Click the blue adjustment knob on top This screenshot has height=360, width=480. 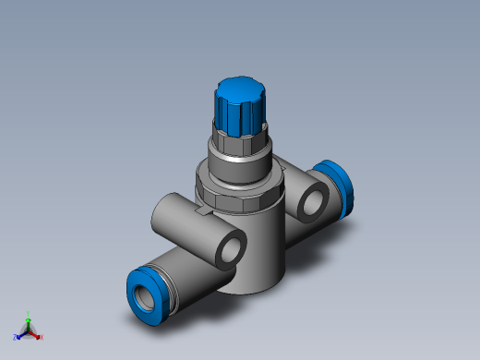pyautogui.click(x=239, y=112)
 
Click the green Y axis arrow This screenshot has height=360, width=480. pyautogui.click(x=29, y=320)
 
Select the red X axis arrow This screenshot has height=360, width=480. pyautogui.click(x=36, y=333)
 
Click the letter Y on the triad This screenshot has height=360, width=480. pyautogui.click(x=29, y=314)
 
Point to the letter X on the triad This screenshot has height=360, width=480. pyautogui.click(x=42, y=337)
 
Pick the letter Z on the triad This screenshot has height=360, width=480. pyautogui.click(x=17, y=338)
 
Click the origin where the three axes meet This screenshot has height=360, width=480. pyautogui.click(x=29, y=330)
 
